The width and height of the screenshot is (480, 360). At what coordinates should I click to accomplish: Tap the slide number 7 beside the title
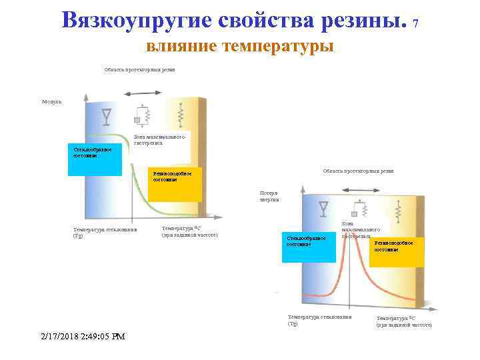coord(416,23)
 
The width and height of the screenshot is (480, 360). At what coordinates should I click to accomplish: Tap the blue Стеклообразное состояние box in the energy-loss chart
coord(308,247)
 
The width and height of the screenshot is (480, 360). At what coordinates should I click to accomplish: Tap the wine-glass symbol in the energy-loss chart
coord(324,208)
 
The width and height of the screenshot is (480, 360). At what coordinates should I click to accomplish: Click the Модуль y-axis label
coord(51,101)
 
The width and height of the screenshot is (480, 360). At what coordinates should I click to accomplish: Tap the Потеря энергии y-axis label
coord(269,196)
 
